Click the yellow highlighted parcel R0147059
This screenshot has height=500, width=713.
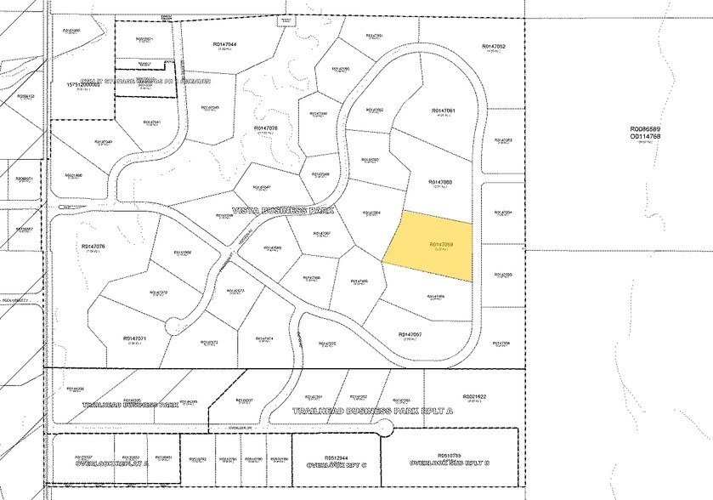[430, 247]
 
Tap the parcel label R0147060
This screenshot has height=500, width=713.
[440, 182]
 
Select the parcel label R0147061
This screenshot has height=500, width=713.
[444, 111]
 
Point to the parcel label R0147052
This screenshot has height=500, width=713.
[494, 46]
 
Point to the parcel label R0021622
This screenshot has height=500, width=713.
[474, 396]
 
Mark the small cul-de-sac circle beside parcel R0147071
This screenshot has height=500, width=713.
[173, 323]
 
